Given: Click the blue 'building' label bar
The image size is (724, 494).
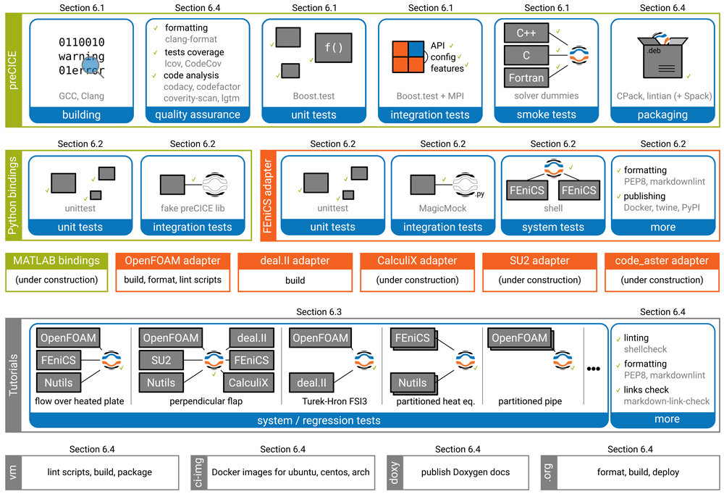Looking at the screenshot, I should point(81,114).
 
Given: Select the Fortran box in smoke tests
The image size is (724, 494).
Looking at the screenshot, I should point(525,78).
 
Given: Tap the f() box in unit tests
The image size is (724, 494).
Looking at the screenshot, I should point(333,48).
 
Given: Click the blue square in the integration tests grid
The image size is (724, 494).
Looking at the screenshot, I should point(416,49).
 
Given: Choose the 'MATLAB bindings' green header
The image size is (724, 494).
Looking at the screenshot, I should point(56,261).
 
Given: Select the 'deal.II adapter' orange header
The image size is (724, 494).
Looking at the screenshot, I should point(295,261).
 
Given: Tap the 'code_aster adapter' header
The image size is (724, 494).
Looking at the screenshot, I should point(662,261).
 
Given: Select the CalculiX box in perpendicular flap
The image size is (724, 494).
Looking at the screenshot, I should point(250,382).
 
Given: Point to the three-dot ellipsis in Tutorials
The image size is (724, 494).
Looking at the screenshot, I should point(594,369).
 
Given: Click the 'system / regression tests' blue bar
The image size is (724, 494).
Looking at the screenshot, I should point(319,420).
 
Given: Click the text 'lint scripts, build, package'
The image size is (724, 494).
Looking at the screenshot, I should point(100,472).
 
